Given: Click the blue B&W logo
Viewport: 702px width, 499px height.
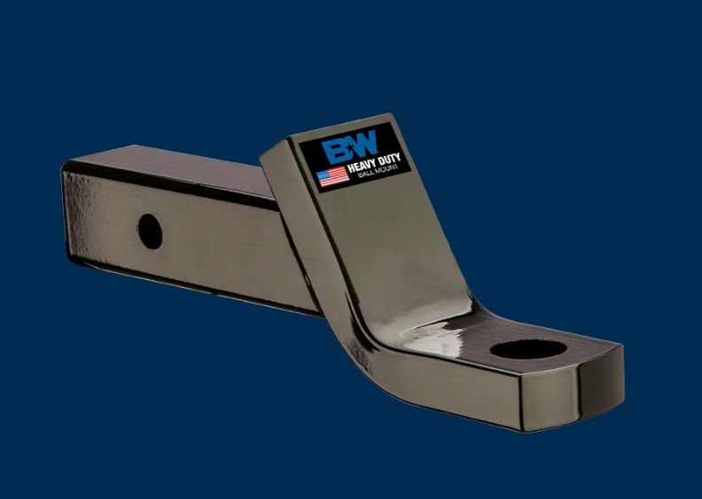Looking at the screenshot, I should point(350,147).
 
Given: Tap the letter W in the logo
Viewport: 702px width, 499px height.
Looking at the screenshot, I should point(364,144).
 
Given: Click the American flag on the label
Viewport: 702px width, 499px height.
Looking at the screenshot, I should point(333,175).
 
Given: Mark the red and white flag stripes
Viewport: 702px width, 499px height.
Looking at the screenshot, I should point(338,177).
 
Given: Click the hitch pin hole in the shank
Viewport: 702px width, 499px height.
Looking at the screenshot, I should point(150,231).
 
